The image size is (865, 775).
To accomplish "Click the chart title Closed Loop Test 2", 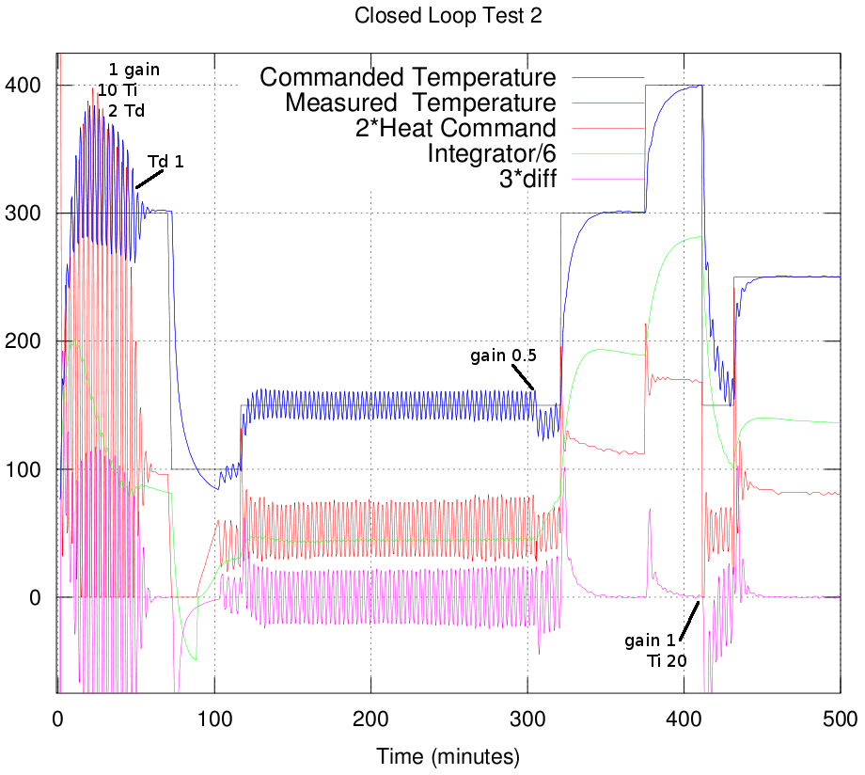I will pyautogui.click(x=432, y=16).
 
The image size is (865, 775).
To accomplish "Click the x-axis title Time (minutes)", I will pyautogui.click(x=448, y=755).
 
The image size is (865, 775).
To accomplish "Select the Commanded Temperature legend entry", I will pyautogui.click(x=407, y=77).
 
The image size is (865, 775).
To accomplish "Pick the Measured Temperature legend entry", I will pyautogui.click(x=420, y=103).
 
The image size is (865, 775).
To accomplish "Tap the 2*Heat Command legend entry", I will pyautogui.click(x=455, y=128).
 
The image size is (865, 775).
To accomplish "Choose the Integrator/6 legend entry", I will pyautogui.click(x=491, y=153).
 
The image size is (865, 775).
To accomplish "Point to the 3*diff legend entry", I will pyautogui.click(x=527, y=179).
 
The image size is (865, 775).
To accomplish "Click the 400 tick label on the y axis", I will pyautogui.click(x=24, y=86).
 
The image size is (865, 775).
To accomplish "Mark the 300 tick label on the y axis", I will pyautogui.click(x=24, y=214).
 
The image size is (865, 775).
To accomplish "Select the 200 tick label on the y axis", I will pyautogui.click(x=24, y=341).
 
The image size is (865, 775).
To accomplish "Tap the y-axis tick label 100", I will pyautogui.click(x=24, y=469).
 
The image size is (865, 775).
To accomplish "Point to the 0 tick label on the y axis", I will pyautogui.click(x=36, y=597).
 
